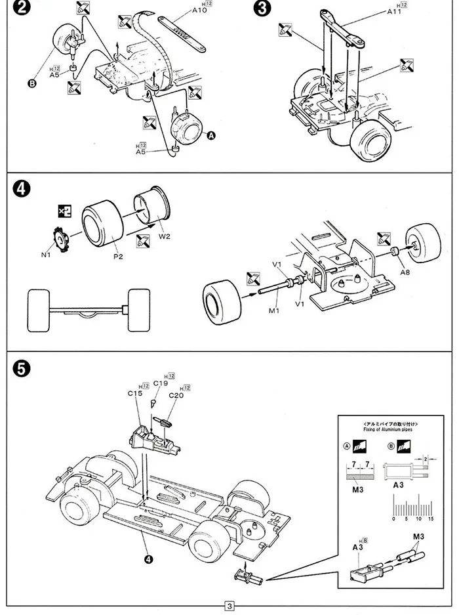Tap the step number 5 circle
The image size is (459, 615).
(20, 370)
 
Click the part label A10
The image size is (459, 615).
(199, 11)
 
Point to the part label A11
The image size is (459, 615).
(395, 11)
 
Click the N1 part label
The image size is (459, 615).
(45, 255)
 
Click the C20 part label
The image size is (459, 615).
(176, 395)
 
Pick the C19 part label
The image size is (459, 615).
(161, 383)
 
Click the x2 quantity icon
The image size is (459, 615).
(64, 211)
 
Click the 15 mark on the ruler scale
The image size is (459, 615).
(430, 519)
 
